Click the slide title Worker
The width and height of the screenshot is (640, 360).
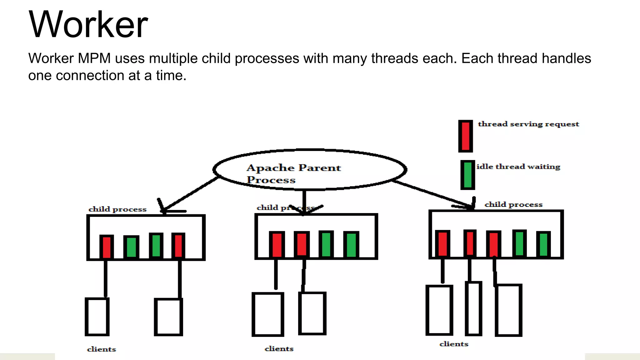[88, 24]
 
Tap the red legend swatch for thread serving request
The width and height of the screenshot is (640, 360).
[465, 136]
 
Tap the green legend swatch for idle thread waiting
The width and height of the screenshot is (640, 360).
[467, 175]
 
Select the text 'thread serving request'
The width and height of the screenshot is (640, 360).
[528, 124]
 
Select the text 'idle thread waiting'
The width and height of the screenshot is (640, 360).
[518, 167]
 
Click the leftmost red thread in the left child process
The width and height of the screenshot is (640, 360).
[107, 247]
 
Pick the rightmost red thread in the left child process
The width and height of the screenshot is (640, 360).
[178, 246]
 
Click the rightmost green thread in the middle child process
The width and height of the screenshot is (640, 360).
[351, 245]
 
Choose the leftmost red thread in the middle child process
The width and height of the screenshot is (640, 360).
[277, 245]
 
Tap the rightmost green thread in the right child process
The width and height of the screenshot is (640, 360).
[543, 244]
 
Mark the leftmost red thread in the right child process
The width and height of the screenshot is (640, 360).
[442, 243]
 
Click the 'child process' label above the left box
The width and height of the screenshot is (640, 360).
[117, 209]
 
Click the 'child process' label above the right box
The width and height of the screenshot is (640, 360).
[513, 204]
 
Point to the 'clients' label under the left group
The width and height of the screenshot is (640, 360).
[101, 349]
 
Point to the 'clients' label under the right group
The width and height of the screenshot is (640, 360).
[454, 344]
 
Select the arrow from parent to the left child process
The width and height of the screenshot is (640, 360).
[191, 194]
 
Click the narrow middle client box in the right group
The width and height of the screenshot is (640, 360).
[473, 308]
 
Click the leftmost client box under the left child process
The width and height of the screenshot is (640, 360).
[97, 317]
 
